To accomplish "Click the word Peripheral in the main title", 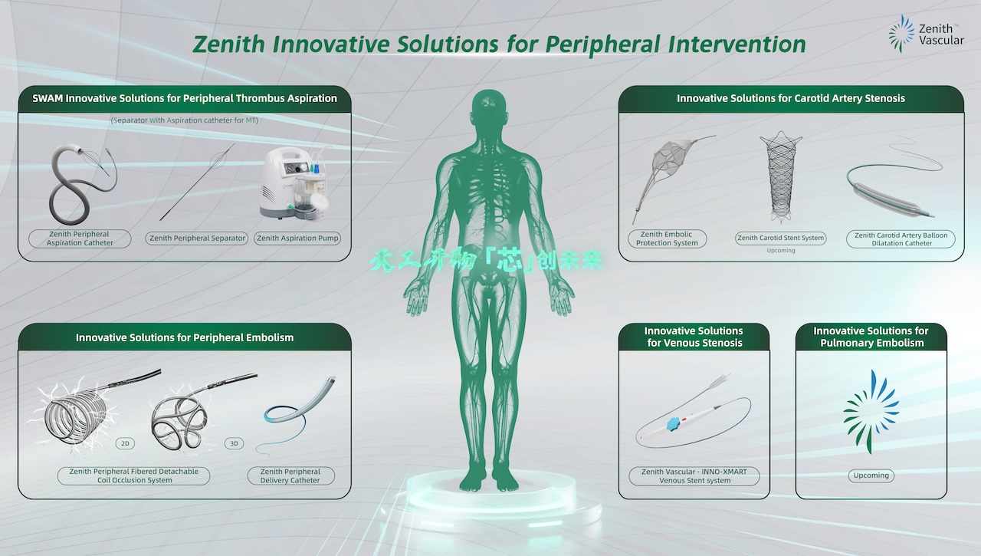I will (602, 44).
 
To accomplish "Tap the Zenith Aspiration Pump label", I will (297, 239).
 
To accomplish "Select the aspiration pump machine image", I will (294, 184).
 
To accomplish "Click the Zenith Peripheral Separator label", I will (198, 239).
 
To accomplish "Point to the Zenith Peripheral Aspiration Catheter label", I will (80, 239).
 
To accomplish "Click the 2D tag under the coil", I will (126, 443).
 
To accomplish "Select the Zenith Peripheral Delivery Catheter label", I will (290, 476).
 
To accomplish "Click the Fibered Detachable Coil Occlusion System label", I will (133, 476).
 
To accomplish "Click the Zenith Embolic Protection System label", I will (667, 239).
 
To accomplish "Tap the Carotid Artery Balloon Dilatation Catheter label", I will (901, 239).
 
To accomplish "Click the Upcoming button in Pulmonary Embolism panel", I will (871, 475).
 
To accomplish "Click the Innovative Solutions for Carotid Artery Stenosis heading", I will (791, 98).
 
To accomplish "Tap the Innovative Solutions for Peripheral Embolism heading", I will (185, 337).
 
